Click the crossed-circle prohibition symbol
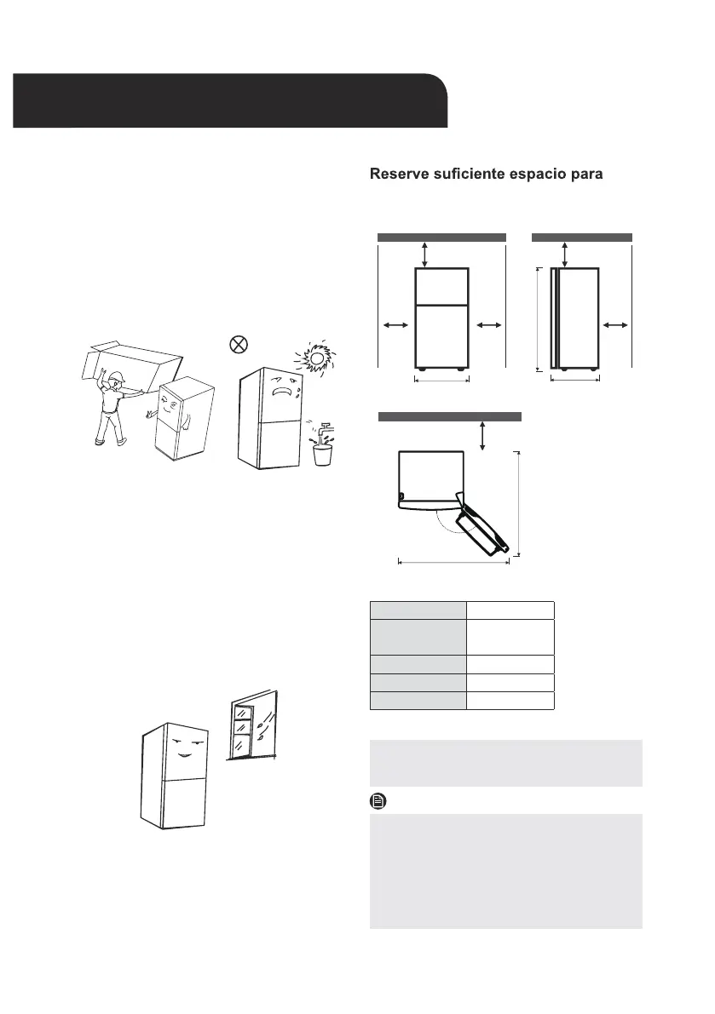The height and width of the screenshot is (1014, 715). pyautogui.click(x=239, y=345)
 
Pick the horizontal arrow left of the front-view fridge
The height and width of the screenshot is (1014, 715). pyautogui.click(x=393, y=324)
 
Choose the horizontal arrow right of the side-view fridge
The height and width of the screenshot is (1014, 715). pyautogui.click(x=614, y=324)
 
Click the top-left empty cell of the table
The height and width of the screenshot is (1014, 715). pyautogui.click(x=418, y=610)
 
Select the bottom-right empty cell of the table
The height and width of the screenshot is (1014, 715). pyautogui.click(x=510, y=701)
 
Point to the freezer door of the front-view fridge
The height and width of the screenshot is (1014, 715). pyautogui.click(x=441, y=286)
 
